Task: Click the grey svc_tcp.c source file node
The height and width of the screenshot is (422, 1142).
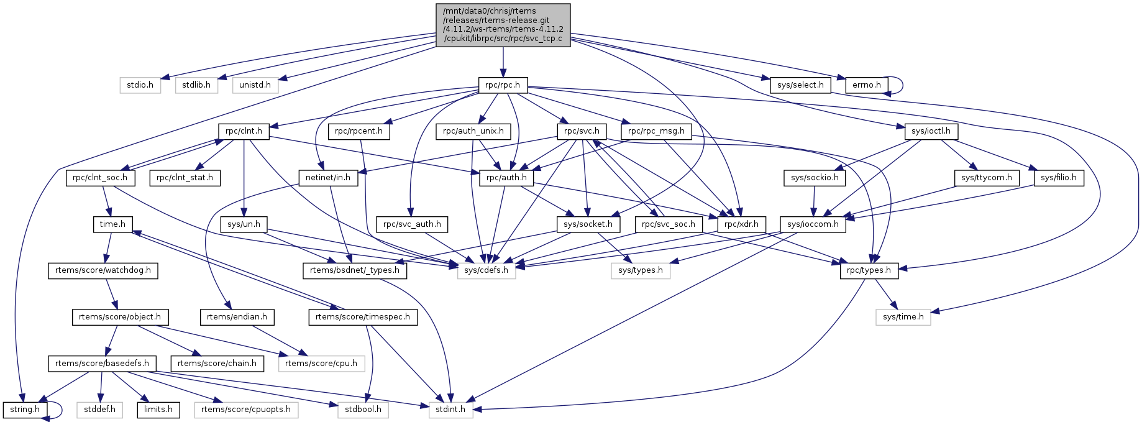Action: [x=503, y=25]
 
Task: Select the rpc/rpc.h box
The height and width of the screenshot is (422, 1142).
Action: [x=503, y=85]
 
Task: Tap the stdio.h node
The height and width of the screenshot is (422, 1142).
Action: [x=140, y=85]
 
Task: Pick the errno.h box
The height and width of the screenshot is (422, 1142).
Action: [x=866, y=85]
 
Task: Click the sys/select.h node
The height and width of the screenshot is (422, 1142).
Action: [x=800, y=85]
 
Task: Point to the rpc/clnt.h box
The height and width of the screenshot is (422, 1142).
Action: [x=244, y=131]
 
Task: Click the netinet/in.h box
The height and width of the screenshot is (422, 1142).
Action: [x=328, y=178]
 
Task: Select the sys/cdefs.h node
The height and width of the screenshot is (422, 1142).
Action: [x=486, y=270]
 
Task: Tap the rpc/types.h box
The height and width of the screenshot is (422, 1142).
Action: [x=869, y=270]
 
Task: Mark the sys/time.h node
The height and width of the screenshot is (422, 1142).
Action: [x=903, y=317]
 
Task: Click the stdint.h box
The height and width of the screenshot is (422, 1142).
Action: [x=450, y=410]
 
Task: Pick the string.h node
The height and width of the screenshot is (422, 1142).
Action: [x=25, y=410]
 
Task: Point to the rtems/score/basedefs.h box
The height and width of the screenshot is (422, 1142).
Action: [x=102, y=363]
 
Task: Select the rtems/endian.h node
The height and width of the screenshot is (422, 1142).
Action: [x=237, y=317]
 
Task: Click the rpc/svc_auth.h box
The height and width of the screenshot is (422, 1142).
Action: [x=412, y=224]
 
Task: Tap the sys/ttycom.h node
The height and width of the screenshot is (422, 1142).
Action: [x=986, y=178]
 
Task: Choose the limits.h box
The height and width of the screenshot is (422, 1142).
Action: [x=158, y=410]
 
